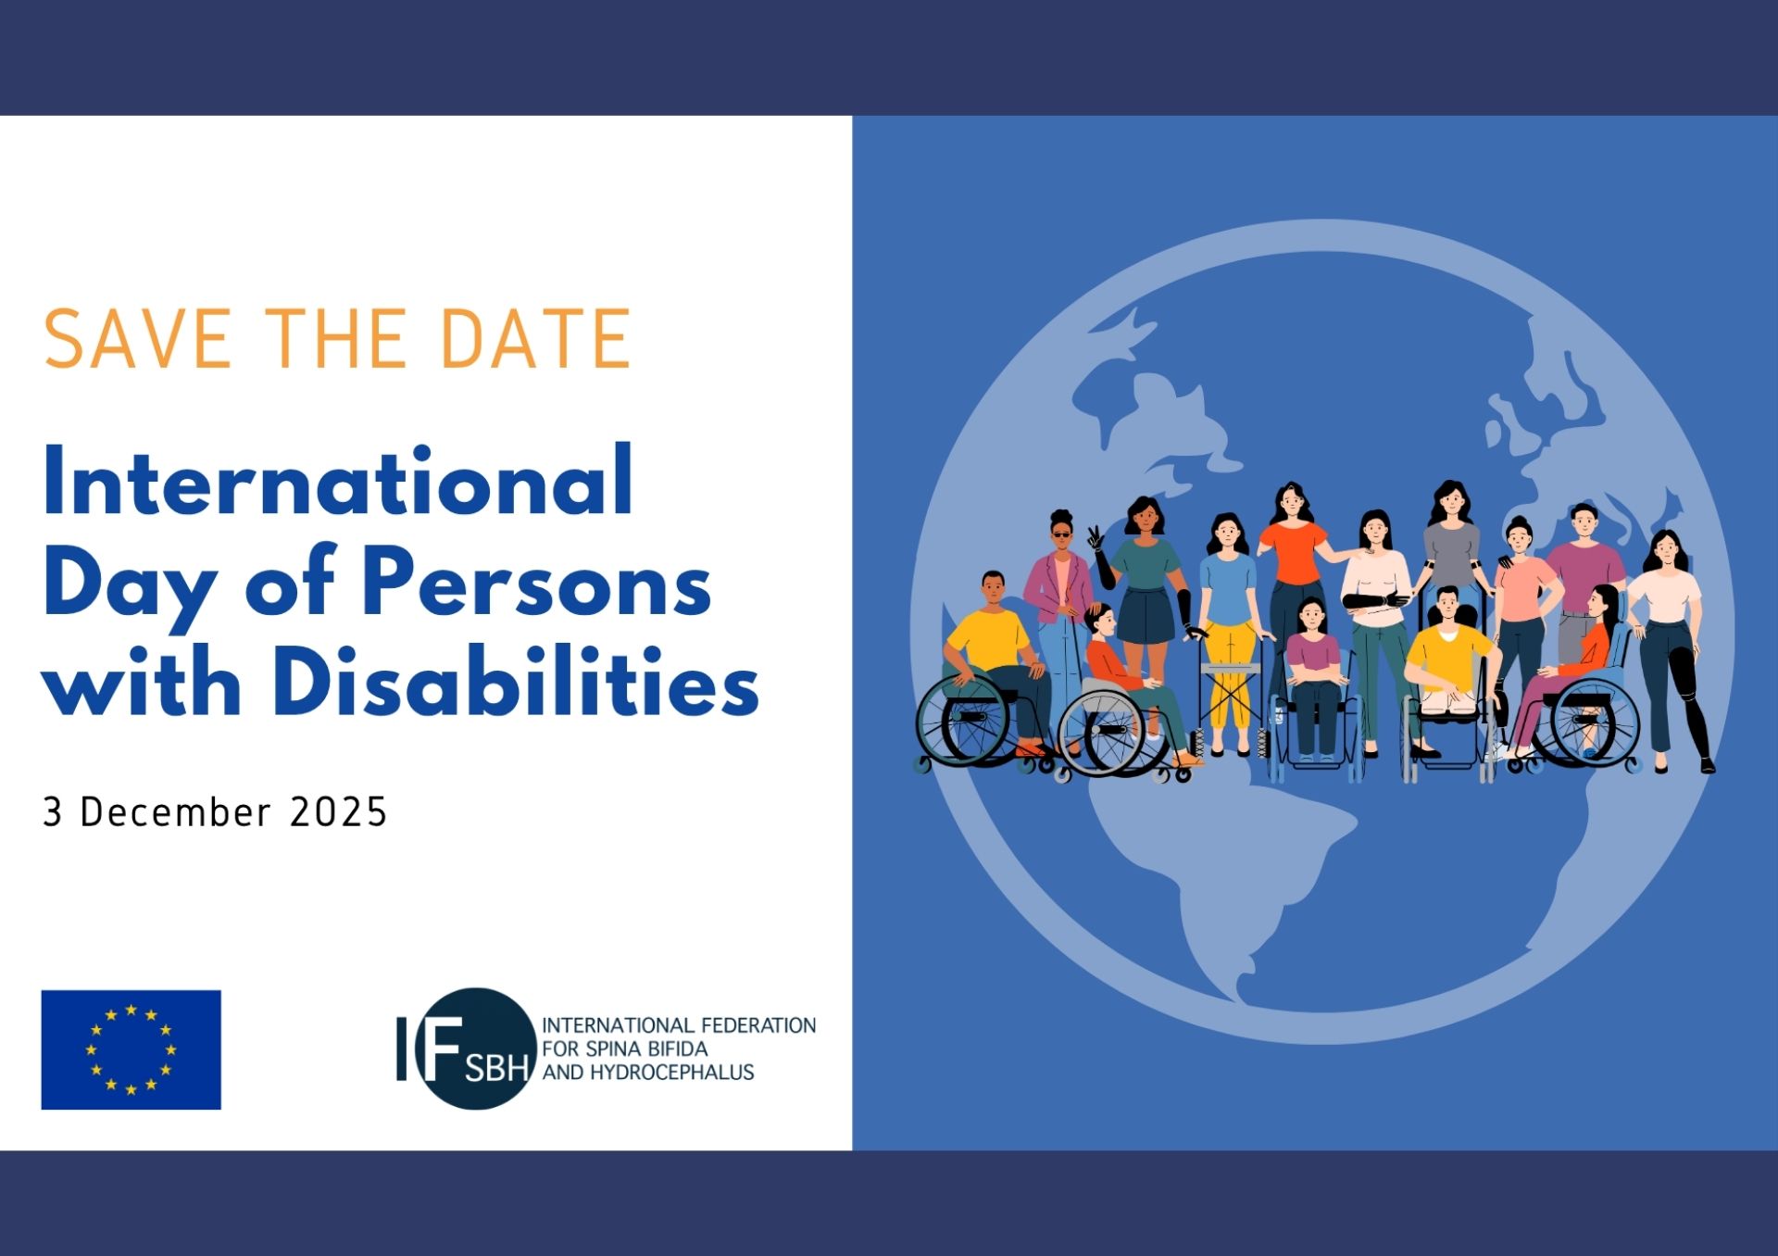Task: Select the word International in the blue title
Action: coord(338,482)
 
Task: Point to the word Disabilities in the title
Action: coord(515,684)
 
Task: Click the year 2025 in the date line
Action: coord(338,812)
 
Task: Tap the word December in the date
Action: coord(176,812)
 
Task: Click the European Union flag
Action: coord(131,1049)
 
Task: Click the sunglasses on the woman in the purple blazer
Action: coord(1061,534)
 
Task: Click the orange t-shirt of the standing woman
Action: coord(1294,553)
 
